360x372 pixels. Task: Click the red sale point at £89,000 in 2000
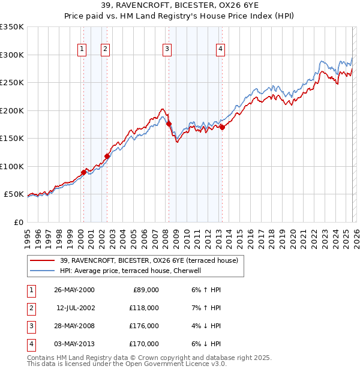pyautogui.click(x=83, y=173)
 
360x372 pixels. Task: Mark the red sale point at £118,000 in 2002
pyautogui.click(x=107, y=157)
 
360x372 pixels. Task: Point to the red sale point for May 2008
pyautogui.click(x=169, y=124)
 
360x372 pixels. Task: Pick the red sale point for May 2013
pyautogui.click(x=222, y=127)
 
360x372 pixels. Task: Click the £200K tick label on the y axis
pyautogui.click(x=11, y=110)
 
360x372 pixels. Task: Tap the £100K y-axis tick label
pyautogui.click(x=11, y=166)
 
